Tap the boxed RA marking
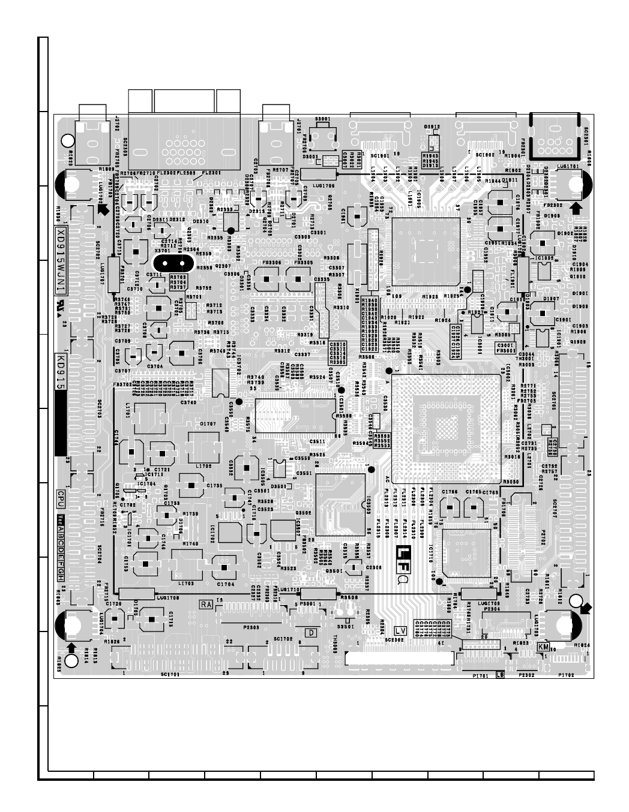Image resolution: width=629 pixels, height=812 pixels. [206, 605]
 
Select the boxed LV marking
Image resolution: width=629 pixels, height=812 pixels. [401, 631]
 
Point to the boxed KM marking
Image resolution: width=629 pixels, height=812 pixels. [543, 646]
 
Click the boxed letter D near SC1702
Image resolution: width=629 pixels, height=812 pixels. [311, 632]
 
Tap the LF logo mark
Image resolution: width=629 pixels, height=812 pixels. [406, 551]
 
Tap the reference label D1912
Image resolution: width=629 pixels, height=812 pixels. [432, 127]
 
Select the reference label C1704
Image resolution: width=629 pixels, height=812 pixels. [226, 583]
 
